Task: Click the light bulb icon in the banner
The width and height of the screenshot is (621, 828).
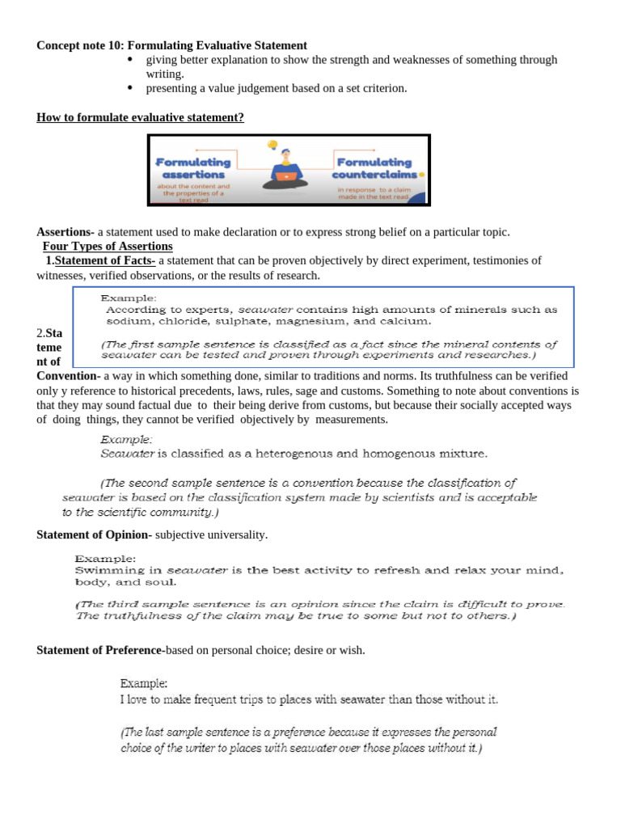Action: (x=272, y=146)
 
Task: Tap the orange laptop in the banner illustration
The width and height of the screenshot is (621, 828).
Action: (x=285, y=175)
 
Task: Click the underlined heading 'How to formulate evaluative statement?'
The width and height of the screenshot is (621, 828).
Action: (x=140, y=117)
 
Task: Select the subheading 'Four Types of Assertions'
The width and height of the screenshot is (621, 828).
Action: (x=108, y=246)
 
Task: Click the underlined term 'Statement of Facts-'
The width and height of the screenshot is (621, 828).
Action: (x=105, y=260)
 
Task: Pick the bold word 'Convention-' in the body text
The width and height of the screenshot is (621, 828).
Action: (x=68, y=376)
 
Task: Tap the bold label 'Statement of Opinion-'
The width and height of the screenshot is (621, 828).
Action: (x=94, y=534)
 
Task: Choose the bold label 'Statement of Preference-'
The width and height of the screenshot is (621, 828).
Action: (x=100, y=650)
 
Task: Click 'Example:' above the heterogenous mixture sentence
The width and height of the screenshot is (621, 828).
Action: (x=126, y=440)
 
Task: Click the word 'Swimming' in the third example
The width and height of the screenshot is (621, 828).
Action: (x=104, y=570)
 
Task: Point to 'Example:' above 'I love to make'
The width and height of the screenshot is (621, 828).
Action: (x=144, y=683)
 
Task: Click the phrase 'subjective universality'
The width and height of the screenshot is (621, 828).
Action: (x=211, y=534)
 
